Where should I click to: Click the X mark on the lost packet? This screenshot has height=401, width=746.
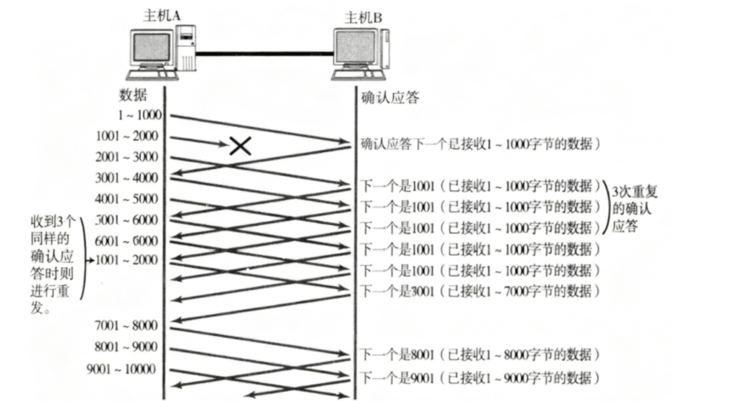(240, 145)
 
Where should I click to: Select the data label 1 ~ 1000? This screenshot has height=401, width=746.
(140, 114)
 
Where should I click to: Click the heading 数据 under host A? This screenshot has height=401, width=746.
(133, 96)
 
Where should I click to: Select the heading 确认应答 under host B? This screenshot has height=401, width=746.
(391, 97)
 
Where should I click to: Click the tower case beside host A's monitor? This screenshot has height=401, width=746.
(185, 48)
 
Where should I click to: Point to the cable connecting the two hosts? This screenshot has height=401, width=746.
(263, 53)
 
